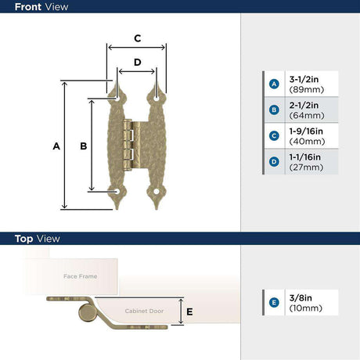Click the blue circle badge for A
(274, 84)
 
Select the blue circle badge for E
(274, 303)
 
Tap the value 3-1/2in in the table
(304, 79)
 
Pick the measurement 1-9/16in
(306, 131)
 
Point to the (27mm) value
(306, 167)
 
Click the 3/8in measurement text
(301, 298)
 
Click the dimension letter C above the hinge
(138, 38)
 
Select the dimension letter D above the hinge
(138, 62)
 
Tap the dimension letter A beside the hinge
(56, 146)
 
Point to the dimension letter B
(84, 146)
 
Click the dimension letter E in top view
(189, 311)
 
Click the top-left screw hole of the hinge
(117, 99)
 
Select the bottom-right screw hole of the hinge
(157, 192)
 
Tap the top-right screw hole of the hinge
(157, 99)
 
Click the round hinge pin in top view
(87, 312)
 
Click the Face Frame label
(81, 276)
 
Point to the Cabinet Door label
(144, 311)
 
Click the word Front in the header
(28, 7)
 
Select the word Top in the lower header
(23, 239)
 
